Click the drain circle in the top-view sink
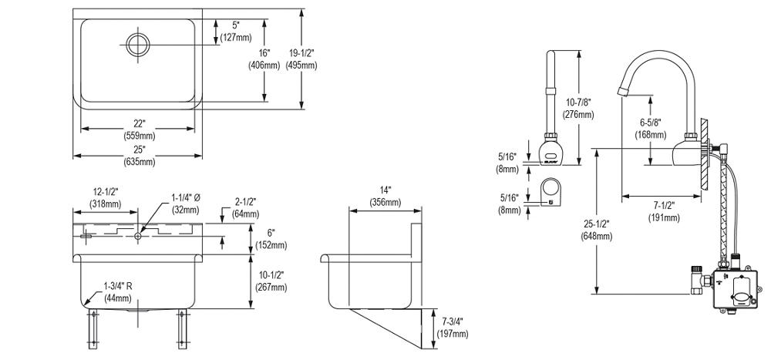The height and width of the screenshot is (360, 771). tap(137, 43)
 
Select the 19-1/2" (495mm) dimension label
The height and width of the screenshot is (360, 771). tap(301, 59)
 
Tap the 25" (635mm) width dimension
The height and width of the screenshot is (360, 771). tap(139, 156)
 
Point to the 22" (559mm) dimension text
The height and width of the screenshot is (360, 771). tap(139, 130)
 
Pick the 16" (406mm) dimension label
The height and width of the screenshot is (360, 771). tap(264, 59)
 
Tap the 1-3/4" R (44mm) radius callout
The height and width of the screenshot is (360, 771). tap(120, 291)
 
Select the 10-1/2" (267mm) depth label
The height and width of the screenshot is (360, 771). tap(271, 281)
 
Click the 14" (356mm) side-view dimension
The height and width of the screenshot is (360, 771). tap(385, 197)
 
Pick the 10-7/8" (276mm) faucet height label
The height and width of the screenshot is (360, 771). tap(578, 108)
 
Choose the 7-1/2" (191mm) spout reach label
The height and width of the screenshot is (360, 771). tap(664, 211)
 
